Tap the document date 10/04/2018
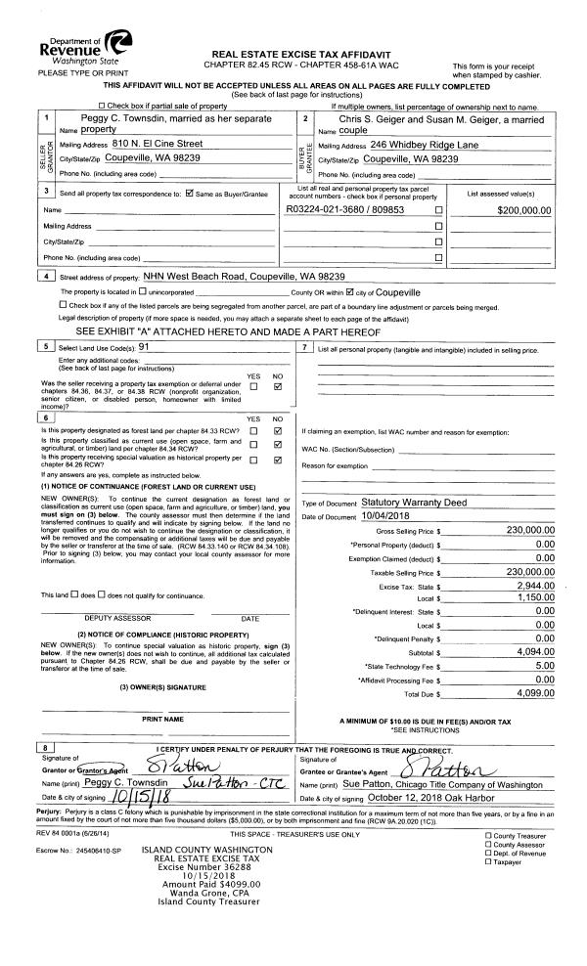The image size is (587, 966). pos(389,516)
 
